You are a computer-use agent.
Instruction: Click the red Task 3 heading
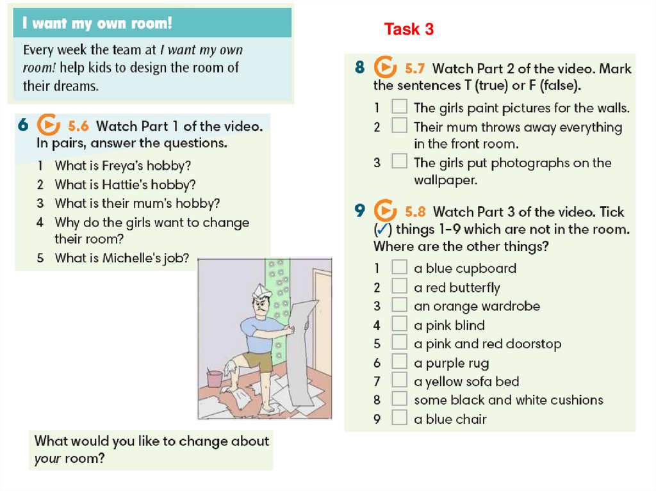point(409,29)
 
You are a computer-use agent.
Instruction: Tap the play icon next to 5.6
point(48,125)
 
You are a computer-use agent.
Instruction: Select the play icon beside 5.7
point(385,67)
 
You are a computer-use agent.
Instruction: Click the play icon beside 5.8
point(385,211)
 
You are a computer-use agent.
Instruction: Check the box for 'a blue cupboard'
point(399,267)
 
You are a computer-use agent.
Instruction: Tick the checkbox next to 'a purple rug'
point(399,361)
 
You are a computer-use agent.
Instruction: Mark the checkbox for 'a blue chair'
point(399,418)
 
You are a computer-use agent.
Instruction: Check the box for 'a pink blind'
point(399,324)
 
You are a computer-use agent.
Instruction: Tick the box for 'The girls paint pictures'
point(399,106)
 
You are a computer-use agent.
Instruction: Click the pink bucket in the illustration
point(215,378)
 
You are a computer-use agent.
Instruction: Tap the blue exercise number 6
point(23,125)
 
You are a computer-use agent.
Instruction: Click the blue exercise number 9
point(360,211)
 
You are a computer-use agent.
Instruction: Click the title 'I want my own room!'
point(97,24)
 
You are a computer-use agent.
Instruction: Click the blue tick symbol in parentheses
point(382,229)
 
